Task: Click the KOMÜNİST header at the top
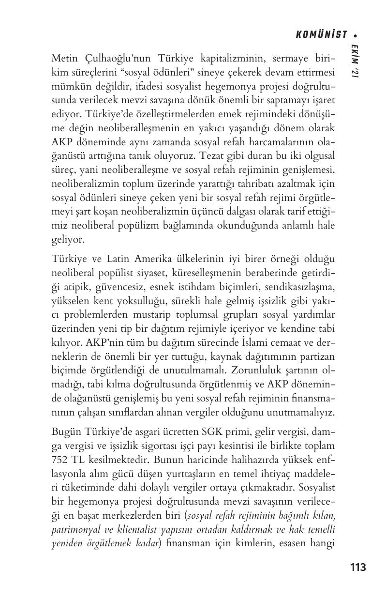322,34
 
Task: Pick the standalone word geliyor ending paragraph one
67,239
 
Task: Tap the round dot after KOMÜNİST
355,35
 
